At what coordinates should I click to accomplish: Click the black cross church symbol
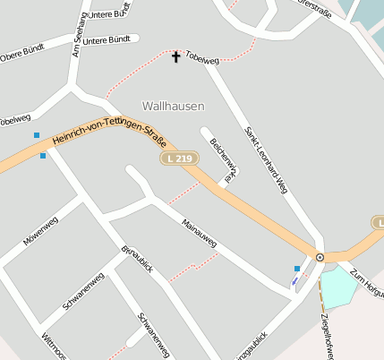pyautogui.click(x=175, y=57)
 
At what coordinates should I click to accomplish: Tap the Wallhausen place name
pyautogui.click(x=173, y=106)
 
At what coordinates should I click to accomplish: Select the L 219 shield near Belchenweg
pyautogui.click(x=179, y=159)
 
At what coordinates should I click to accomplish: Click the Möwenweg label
pyautogui.click(x=40, y=231)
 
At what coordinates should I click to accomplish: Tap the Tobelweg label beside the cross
pyautogui.click(x=203, y=59)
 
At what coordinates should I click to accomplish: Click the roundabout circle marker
pyautogui.click(x=320, y=258)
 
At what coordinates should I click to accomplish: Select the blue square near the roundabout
pyautogui.click(x=297, y=269)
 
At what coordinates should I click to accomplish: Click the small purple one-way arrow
pyautogui.click(x=294, y=281)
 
